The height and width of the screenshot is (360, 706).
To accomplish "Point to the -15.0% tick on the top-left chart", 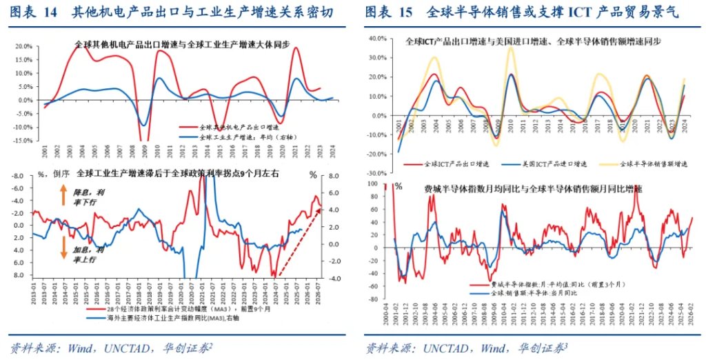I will coord(23,140).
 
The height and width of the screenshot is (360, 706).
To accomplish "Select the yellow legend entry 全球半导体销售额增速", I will coord(648,164).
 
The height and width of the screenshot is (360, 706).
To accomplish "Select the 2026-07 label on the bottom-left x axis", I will coord(319,290).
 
